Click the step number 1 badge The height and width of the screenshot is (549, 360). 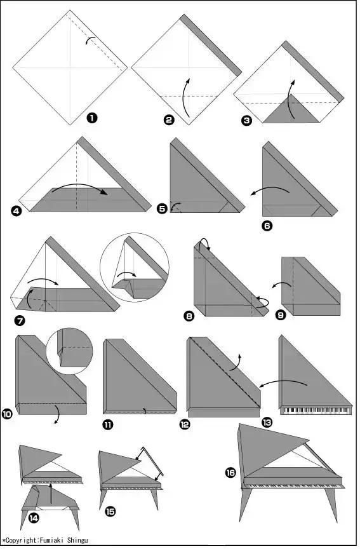tap(92, 118)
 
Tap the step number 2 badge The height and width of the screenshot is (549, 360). tap(169, 119)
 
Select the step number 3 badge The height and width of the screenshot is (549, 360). tap(246, 121)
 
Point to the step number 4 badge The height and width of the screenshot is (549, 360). tap(16, 211)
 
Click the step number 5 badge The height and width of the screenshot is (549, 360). tap(162, 209)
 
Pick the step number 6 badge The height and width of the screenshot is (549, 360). tap(267, 226)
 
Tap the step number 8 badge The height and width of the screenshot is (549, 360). tap(189, 316)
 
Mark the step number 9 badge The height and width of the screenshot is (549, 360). tap(281, 315)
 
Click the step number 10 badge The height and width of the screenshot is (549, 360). tap(7, 414)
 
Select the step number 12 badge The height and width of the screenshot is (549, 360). tap(184, 424)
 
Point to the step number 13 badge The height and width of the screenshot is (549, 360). tap(267, 423)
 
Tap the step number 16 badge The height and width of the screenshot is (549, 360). tap(230, 473)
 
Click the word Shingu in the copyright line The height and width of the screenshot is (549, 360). tap(77, 540)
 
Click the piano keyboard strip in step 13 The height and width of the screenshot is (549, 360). tap(316, 410)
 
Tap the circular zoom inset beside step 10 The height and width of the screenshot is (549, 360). tap(69, 351)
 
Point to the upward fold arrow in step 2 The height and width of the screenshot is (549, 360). tap(184, 98)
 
